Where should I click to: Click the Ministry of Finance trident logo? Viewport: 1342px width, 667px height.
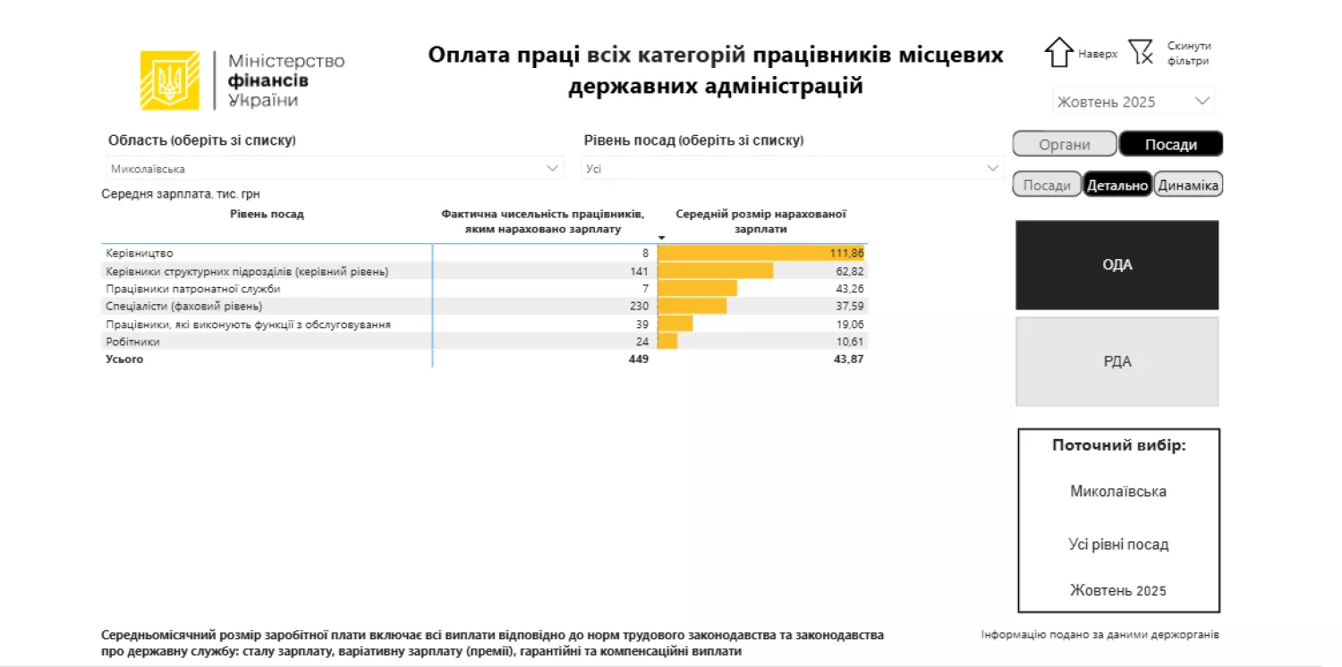pos(169,80)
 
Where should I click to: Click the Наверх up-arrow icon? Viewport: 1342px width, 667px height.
pos(1058,53)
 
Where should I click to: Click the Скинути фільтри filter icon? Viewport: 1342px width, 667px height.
pos(1140,53)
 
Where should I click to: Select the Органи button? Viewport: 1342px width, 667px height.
pos(1065,144)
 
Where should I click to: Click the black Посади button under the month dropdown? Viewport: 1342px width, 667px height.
pos(1170,144)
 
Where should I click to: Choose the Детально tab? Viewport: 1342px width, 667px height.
pos(1117,185)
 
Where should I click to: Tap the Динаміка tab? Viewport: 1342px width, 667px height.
pos(1187,185)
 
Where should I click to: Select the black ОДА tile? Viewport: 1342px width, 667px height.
pos(1117,265)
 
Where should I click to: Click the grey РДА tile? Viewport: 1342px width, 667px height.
pos(1117,361)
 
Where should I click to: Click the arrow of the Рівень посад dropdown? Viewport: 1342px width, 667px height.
pos(992,168)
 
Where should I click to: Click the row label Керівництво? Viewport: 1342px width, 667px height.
pos(140,253)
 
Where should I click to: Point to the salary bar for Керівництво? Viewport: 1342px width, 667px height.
pos(743,253)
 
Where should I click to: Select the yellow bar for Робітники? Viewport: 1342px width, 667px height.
pos(667,342)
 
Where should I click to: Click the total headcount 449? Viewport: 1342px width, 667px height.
pos(638,359)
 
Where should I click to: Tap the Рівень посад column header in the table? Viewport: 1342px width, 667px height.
pos(267,214)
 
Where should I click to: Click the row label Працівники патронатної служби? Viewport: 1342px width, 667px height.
pos(193,289)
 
